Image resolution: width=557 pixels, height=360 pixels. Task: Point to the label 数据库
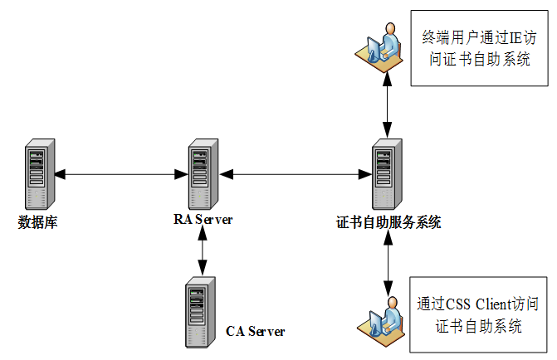click(x=37, y=222)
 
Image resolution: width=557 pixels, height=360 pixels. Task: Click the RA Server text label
click(x=203, y=220)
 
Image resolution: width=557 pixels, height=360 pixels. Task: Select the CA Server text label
click(x=256, y=331)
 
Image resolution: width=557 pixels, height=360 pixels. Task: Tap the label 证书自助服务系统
click(x=388, y=222)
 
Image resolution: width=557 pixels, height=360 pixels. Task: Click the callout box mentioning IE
click(x=479, y=48)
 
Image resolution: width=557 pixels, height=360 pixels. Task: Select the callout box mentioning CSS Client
click(x=479, y=314)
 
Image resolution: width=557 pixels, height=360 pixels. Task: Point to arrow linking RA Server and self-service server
click(x=295, y=175)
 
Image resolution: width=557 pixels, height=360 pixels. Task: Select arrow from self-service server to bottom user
click(x=387, y=262)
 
